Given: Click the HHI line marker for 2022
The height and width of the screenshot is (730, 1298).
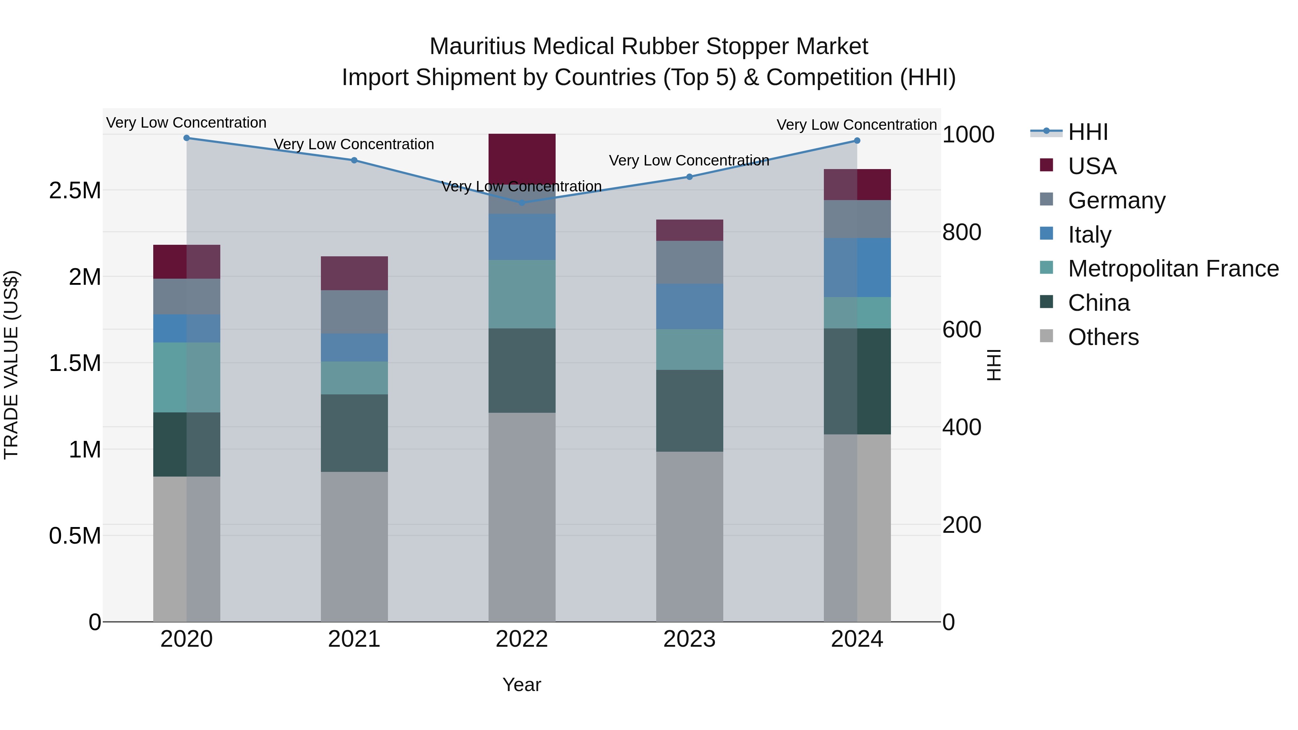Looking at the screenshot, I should [522, 203].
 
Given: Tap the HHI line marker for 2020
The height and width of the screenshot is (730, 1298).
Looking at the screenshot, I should [186, 138].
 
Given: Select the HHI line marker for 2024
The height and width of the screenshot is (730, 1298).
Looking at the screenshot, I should [857, 141].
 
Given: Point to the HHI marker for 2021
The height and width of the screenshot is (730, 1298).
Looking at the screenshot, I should [354, 160].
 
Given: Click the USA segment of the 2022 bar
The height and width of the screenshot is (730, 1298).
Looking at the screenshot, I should [522, 159].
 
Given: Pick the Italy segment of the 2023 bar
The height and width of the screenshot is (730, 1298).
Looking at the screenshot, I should [689, 306].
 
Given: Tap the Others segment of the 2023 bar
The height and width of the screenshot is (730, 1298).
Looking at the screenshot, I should [689, 536].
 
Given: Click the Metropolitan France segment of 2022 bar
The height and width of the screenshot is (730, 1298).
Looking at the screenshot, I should [522, 294].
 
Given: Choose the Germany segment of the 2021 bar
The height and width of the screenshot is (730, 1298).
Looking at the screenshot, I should [354, 311].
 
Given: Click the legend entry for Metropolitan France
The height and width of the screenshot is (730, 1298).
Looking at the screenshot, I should [1173, 269].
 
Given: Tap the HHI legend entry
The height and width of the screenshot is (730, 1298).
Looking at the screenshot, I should [1087, 132].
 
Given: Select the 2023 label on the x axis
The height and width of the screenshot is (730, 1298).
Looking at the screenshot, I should [689, 639].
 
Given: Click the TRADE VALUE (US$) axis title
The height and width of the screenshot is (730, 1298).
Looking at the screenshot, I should [11, 365].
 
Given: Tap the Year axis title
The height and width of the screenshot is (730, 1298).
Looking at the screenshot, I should [521, 685].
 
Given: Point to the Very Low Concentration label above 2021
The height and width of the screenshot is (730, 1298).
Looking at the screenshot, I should [354, 144].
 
